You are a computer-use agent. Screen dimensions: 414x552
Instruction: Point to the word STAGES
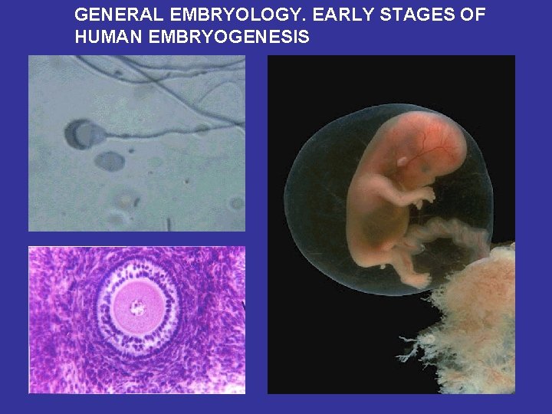419,15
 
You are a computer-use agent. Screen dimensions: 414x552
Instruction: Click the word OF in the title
472,15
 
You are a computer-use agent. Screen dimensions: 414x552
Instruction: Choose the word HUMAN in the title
106,36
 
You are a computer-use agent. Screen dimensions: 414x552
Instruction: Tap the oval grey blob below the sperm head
110,161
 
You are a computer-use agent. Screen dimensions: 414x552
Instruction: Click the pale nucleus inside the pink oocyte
137,307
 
